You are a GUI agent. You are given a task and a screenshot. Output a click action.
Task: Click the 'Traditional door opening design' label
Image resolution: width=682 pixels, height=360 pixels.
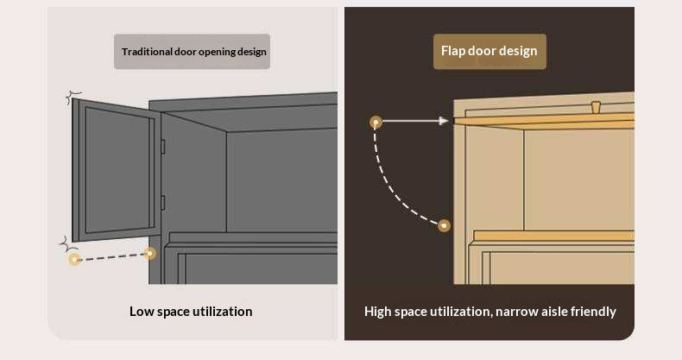194,52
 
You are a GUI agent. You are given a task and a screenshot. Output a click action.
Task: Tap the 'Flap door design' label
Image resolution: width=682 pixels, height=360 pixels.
489,51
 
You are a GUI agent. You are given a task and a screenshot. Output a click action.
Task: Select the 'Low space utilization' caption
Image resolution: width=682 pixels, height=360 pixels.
191,312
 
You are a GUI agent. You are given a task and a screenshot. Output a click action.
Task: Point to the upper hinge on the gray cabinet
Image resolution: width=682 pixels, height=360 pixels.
162,147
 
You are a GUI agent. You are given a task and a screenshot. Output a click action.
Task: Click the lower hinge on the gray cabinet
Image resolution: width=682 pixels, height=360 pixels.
162,203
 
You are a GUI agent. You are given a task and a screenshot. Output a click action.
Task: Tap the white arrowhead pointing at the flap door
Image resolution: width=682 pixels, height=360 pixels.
444,121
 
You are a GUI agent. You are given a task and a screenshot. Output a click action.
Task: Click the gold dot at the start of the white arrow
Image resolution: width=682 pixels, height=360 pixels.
376,123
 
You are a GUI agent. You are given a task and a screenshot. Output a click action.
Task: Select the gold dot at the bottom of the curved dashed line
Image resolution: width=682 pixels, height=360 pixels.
444,225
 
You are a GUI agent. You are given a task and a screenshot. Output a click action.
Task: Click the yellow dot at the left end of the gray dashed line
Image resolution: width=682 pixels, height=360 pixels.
75,260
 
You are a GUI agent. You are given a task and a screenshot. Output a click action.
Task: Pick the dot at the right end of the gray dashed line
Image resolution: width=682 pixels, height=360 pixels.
150,253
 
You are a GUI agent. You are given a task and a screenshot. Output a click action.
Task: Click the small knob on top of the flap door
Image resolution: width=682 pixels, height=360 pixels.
596,107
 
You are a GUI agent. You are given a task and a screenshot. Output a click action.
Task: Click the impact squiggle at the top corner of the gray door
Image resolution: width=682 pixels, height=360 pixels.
73,98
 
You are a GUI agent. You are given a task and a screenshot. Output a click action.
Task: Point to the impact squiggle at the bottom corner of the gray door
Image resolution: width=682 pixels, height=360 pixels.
68,245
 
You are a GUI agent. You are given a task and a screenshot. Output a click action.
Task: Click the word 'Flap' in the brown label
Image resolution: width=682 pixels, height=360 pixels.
453,51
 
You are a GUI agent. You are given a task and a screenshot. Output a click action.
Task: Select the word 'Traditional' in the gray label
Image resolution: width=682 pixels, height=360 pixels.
147,52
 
